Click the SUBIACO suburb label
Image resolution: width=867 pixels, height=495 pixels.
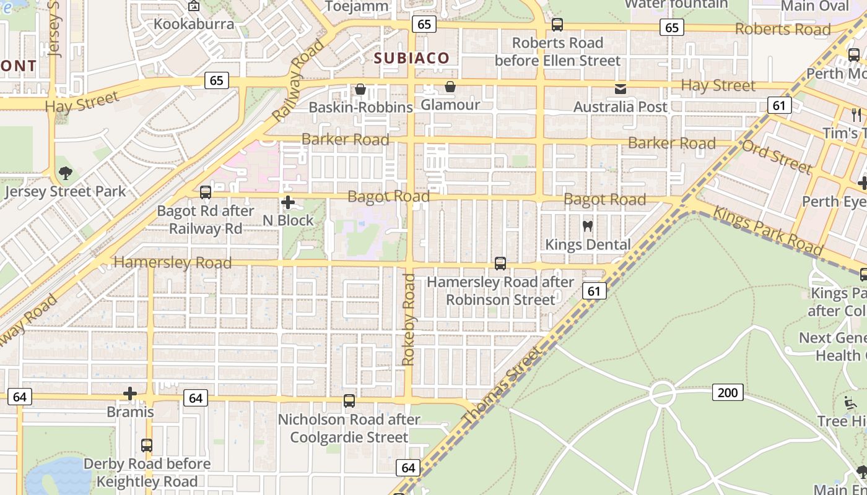click(x=412, y=58)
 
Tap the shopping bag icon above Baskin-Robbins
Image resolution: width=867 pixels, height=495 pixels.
click(x=360, y=90)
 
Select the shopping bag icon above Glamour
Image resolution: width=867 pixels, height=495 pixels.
click(x=450, y=87)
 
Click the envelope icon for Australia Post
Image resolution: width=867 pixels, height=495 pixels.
click(x=620, y=89)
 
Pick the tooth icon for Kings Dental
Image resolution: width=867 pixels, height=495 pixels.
click(x=588, y=226)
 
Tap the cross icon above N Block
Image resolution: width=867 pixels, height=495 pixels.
click(x=287, y=202)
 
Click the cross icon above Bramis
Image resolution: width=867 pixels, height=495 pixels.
click(x=130, y=394)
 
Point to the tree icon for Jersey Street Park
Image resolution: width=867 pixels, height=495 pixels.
click(x=65, y=173)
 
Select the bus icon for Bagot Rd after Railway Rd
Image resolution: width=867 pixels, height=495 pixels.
click(x=206, y=192)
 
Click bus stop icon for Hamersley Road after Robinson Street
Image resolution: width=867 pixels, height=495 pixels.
click(x=500, y=264)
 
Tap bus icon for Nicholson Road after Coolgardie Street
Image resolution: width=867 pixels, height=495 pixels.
click(x=349, y=401)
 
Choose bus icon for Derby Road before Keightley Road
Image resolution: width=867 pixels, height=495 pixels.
click(x=147, y=445)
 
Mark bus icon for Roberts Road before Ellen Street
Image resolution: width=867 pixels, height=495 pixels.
click(x=557, y=25)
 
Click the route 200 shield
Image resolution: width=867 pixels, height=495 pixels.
click(x=728, y=392)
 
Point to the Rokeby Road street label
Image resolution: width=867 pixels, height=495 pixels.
click(x=409, y=320)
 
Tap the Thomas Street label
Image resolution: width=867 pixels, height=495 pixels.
click(x=502, y=386)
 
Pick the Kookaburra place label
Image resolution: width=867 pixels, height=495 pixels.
click(x=194, y=24)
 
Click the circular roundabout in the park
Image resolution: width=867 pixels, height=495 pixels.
click(x=662, y=394)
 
